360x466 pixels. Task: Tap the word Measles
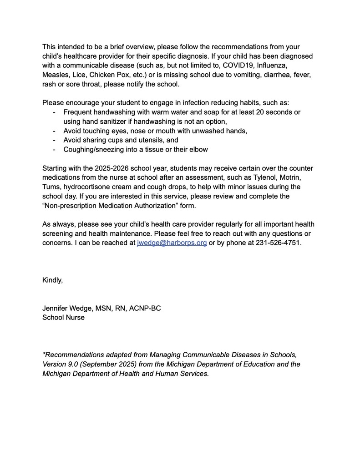(x=56, y=75)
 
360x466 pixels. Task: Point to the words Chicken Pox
(x=108, y=75)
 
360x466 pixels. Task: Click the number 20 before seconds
(x=254, y=112)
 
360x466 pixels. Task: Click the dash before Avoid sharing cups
(x=55, y=140)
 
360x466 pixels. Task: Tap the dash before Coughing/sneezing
(x=55, y=150)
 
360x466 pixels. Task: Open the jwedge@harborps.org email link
(x=172, y=243)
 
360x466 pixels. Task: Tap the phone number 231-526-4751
(x=278, y=243)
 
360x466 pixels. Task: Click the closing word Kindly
(x=52, y=280)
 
